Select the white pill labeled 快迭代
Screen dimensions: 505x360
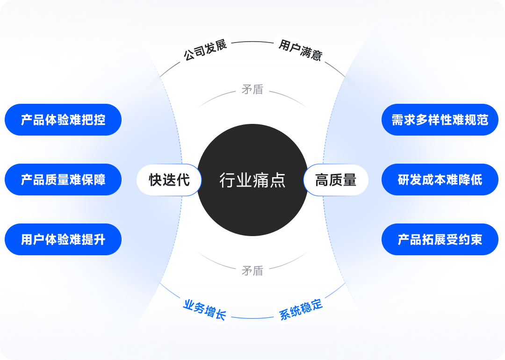coord(169,180)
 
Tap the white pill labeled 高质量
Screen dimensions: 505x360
coord(336,180)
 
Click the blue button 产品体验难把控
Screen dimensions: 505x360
coord(63,120)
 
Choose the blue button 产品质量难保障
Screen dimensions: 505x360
coord(63,180)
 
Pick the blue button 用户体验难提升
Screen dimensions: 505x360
coord(63,239)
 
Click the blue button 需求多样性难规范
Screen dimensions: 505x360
coord(440,120)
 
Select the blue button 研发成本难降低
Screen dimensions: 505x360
coord(440,180)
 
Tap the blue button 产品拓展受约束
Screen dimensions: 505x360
coord(440,239)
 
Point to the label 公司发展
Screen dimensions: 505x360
coord(205,50)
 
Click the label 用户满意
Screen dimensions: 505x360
coord(300,50)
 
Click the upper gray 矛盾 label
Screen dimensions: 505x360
coord(252,89)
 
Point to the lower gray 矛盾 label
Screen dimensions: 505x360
coord(252,270)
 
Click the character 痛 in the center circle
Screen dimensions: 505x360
coord(263,180)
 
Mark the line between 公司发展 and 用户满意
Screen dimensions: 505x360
coord(252,42)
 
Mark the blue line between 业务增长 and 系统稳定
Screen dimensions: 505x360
coord(252,318)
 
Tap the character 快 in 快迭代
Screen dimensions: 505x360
coord(155,180)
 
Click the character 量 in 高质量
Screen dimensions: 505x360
coord(349,180)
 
